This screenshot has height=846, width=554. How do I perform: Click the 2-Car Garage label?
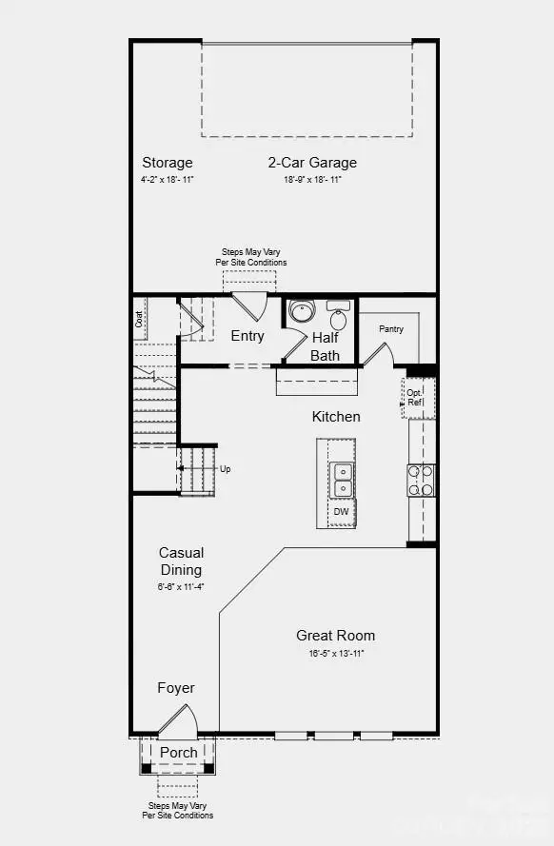click(x=312, y=163)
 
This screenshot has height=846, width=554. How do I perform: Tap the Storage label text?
click(x=168, y=163)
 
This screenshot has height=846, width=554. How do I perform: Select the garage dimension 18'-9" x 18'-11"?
click(x=312, y=179)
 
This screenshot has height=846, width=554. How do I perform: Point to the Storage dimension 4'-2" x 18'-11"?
click(x=168, y=179)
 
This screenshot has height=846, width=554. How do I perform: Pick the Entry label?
click(x=247, y=336)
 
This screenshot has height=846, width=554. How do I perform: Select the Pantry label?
click(x=391, y=329)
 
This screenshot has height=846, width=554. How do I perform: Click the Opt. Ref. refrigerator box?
click(x=416, y=398)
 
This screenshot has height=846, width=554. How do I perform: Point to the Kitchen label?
click(x=336, y=417)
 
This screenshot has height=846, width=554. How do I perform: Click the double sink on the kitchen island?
click(x=342, y=481)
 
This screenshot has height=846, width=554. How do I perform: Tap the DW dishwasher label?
click(x=341, y=512)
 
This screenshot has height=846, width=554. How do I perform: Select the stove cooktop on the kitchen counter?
click(x=421, y=481)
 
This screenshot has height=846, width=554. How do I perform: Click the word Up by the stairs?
click(x=225, y=469)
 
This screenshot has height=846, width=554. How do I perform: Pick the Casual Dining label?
click(x=181, y=561)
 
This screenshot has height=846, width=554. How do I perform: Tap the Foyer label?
click(x=176, y=688)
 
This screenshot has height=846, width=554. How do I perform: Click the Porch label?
click(x=179, y=752)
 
